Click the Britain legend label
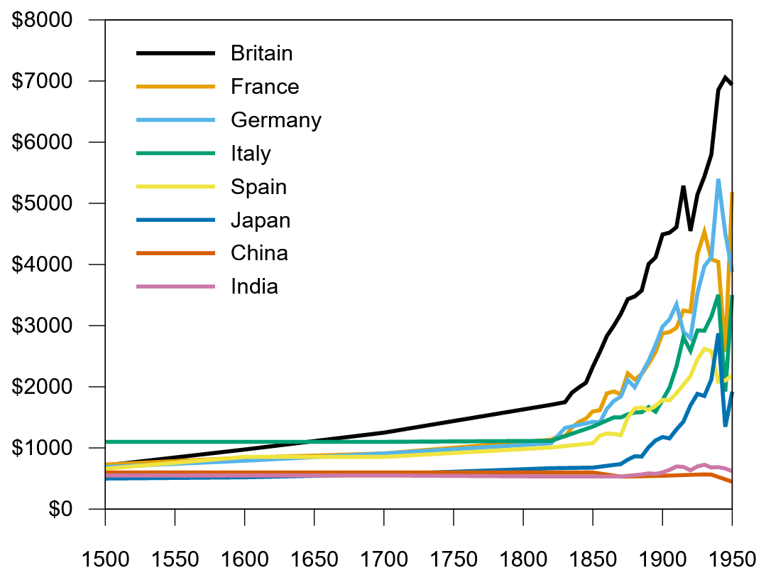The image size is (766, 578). tap(261, 53)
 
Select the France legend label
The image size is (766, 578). tap(265, 87)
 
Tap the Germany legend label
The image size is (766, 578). tap(276, 120)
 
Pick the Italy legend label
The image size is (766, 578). tap(251, 154)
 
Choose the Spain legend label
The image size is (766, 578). tap(258, 187)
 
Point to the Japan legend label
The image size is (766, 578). tap(261, 220)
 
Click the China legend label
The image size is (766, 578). tap(259, 254)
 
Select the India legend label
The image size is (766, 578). tap(254, 287)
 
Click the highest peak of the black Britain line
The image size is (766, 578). tap(725, 77)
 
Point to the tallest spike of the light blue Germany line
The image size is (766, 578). tap(718, 180)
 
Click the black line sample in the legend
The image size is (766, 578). tap(175, 53)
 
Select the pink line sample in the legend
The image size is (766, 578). tap(175, 287)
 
